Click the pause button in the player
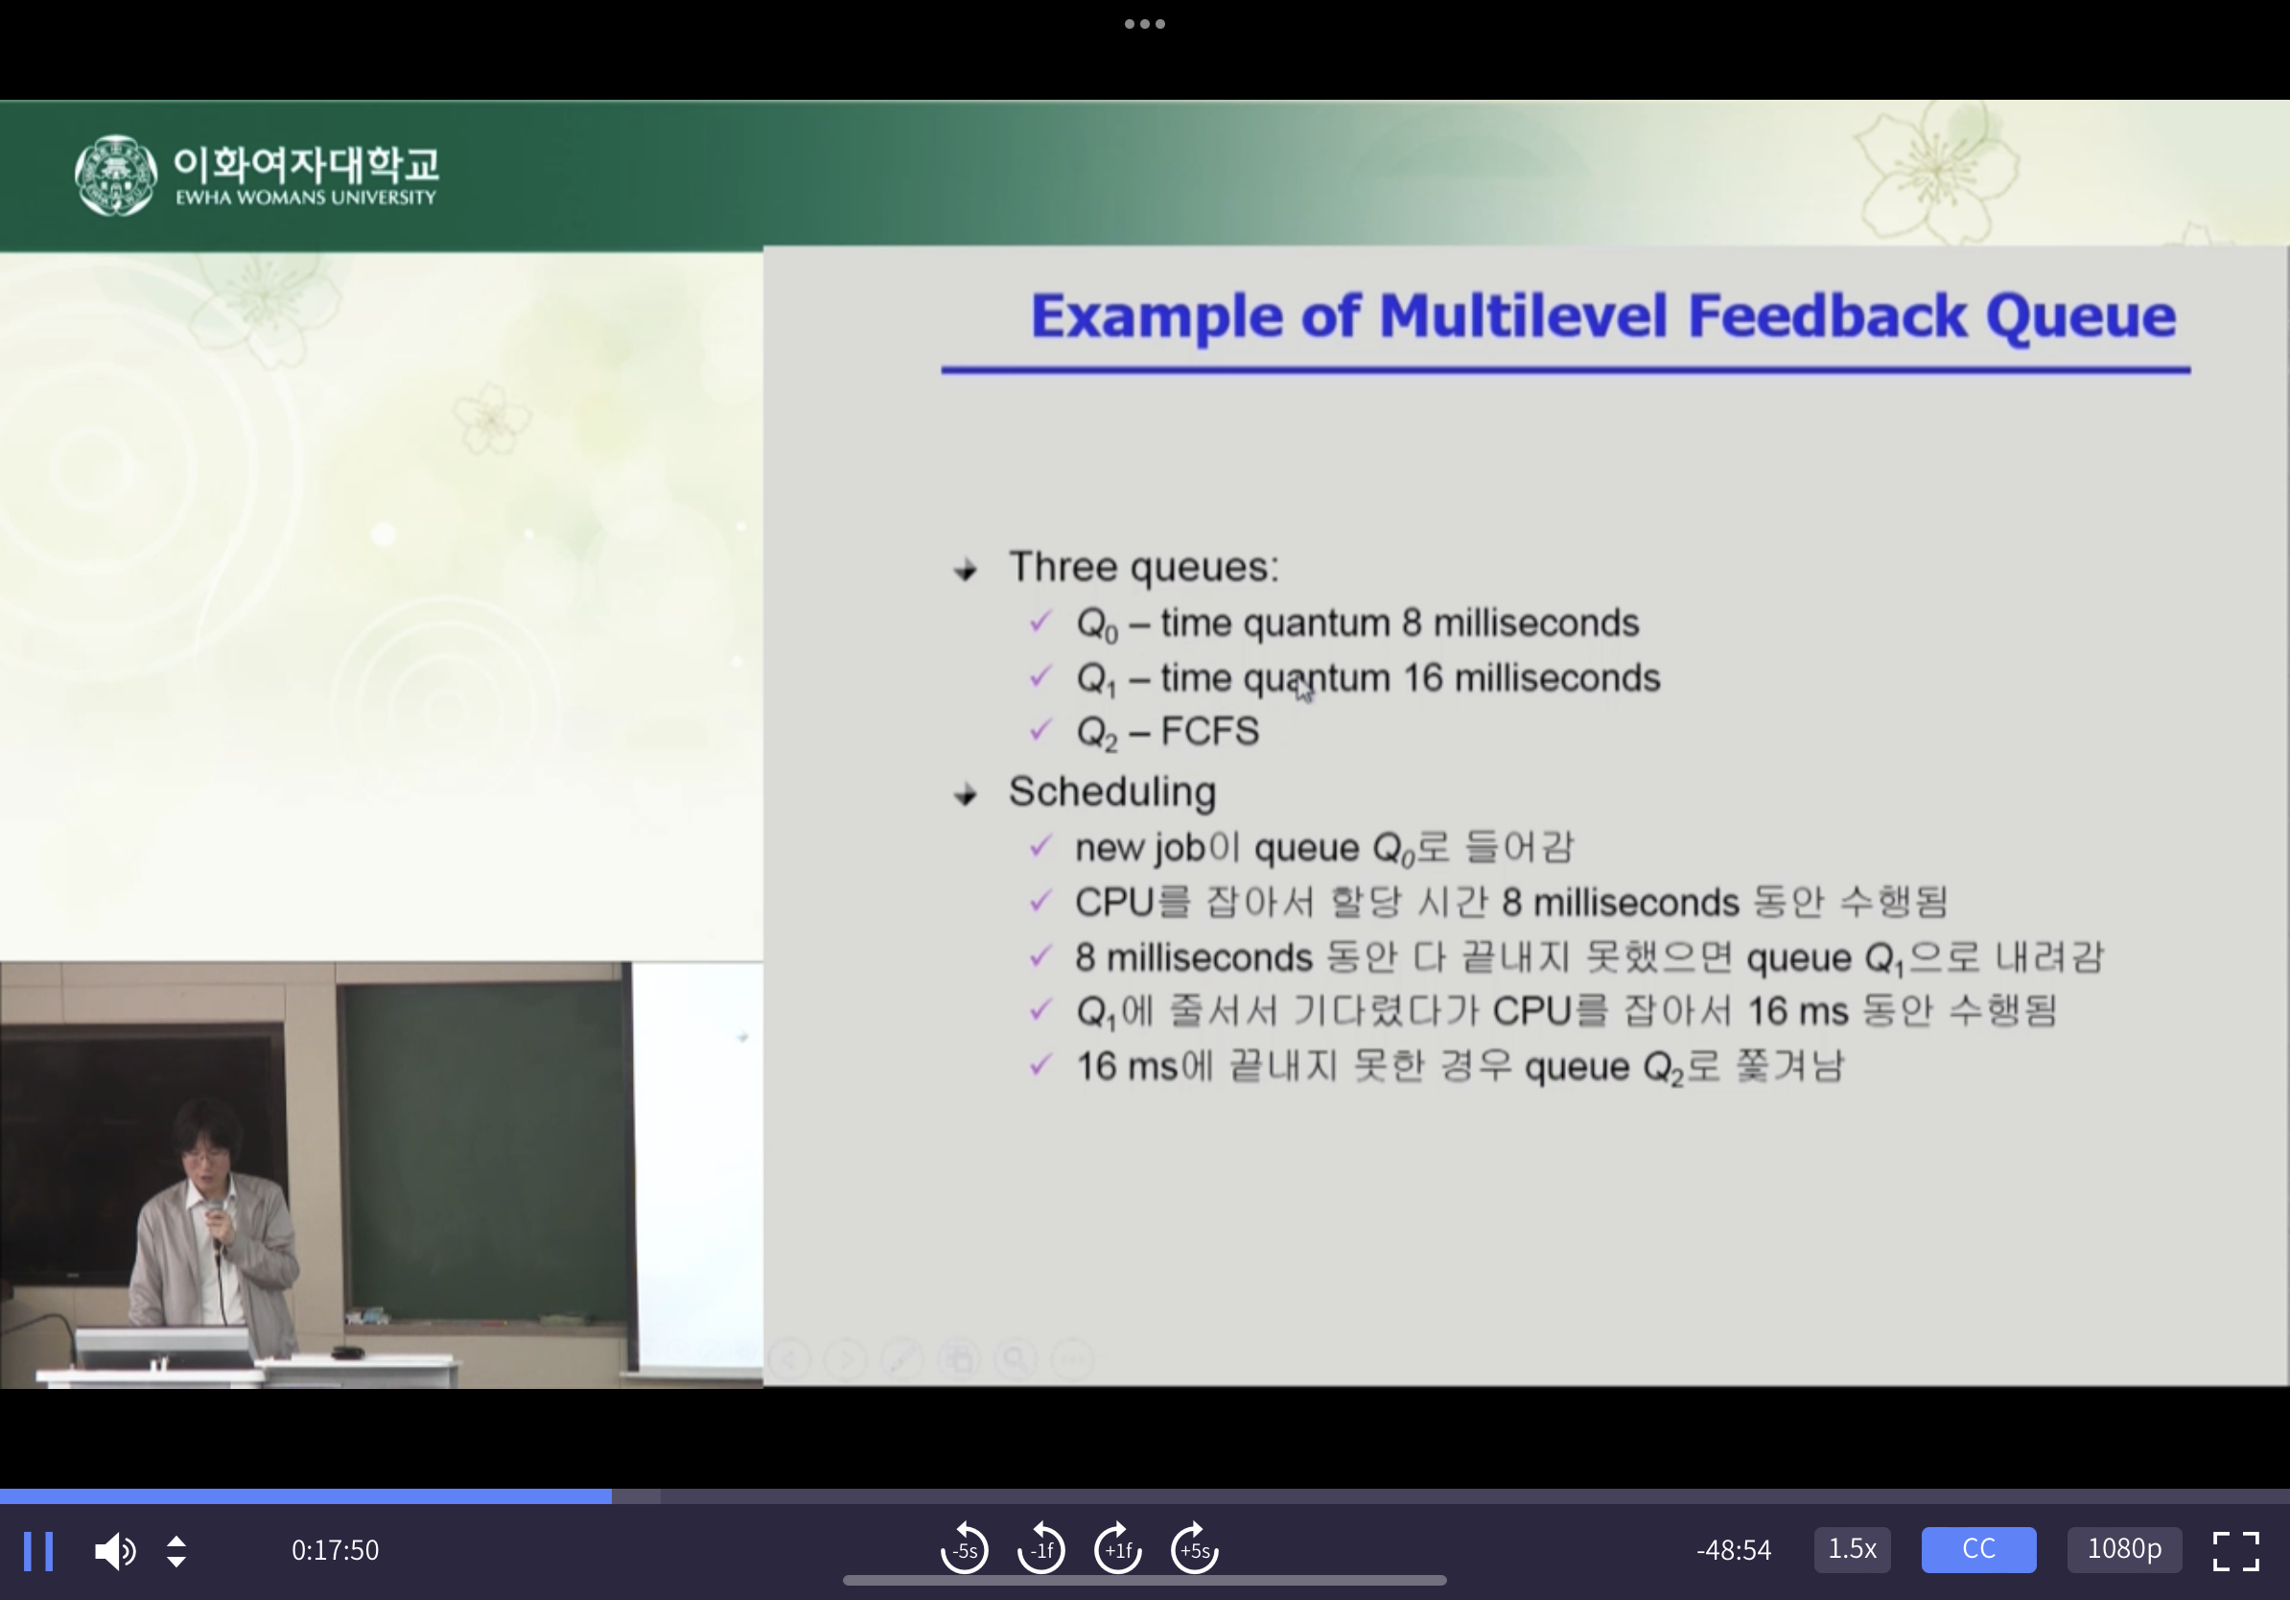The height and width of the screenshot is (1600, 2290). (x=38, y=1550)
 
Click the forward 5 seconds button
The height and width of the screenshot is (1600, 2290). (x=1194, y=1548)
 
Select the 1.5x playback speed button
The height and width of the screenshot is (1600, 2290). (x=1851, y=1549)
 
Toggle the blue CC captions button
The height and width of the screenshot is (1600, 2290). (x=1978, y=1549)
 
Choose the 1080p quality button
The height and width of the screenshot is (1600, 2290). (x=2124, y=1549)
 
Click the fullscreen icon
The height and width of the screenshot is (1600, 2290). (x=2235, y=1550)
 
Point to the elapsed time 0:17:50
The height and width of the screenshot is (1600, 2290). (x=335, y=1550)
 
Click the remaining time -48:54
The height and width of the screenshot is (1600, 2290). (x=1734, y=1550)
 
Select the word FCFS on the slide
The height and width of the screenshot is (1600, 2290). (x=1210, y=731)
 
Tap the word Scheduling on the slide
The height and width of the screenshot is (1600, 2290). (x=1112, y=792)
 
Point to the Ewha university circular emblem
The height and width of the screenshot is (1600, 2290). (x=116, y=176)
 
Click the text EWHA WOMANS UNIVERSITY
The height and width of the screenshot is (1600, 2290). (x=306, y=198)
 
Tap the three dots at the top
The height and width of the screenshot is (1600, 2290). (x=1145, y=24)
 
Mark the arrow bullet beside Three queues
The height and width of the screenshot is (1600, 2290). (x=965, y=571)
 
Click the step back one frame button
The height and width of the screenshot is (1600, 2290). (x=1041, y=1548)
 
